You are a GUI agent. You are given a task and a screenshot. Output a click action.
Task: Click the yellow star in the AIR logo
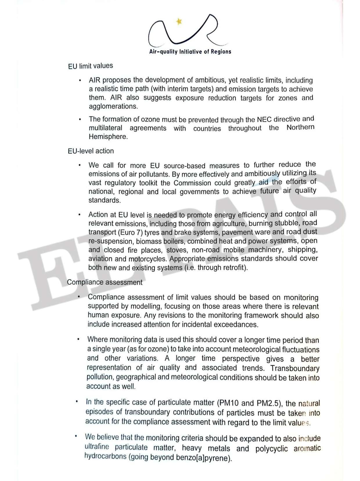179,21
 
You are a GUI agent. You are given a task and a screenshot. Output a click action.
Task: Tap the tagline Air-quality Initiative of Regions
190,52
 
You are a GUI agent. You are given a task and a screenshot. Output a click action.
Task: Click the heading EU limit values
91,66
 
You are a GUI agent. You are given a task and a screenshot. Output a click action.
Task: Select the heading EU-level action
91,151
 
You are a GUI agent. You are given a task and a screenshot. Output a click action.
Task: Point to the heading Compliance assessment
105,282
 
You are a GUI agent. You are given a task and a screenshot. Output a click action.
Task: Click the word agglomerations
113,106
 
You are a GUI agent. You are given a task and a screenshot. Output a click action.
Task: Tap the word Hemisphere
108,137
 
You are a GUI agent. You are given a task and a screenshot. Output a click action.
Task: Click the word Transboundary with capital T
295,368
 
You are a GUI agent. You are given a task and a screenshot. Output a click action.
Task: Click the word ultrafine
97,447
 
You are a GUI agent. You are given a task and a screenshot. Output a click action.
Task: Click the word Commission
192,183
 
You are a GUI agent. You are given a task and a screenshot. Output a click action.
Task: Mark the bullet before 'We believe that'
76,436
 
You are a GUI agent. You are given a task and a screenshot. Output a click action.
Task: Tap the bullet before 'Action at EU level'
79,215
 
